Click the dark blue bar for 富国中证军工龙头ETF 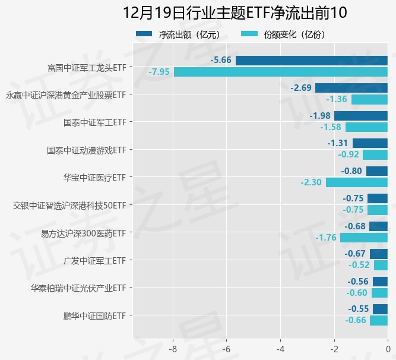click(311, 61)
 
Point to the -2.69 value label click(301, 88)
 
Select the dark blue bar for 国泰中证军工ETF click(360, 116)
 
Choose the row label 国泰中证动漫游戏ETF click(86, 150)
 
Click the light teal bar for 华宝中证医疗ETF click(356, 182)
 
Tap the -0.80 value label click(351, 171)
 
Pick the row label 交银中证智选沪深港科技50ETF click(69, 206)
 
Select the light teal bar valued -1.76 click(363, 238)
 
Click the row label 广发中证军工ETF click(94, 260)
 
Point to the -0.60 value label click(357, 293)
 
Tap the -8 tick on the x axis click(173, 349)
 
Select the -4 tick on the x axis click(280, 349)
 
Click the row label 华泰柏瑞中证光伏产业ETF click(78, 288)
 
